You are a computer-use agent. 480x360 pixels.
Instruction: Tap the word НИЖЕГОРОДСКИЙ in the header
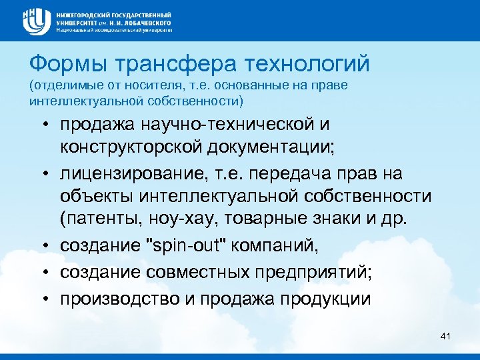tap(87, 14)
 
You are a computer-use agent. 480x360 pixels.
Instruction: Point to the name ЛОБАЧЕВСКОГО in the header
tap(144, 22)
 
